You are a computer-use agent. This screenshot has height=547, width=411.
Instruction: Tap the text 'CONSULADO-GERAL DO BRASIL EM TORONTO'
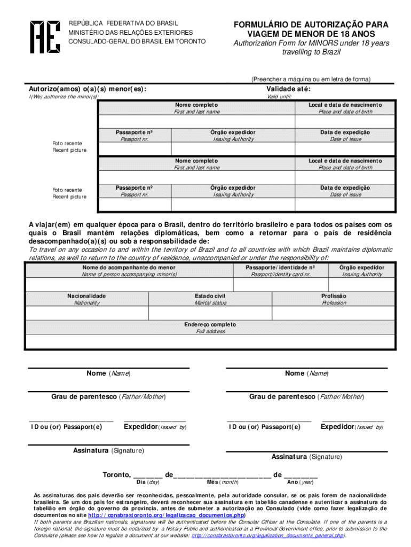[x=136, y=42]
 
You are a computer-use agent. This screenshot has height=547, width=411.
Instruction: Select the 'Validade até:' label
[x=288, y=89]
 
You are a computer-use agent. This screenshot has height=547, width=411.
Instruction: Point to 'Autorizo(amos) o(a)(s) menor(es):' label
[x=88, y=89]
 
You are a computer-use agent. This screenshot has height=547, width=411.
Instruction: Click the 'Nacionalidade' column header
[x=86, y=296]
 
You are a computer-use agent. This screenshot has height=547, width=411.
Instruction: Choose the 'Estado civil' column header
[x=210, y=296]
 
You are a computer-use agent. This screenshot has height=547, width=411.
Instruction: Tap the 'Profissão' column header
[x=334, y=296]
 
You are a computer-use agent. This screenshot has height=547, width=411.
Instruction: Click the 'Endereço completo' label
[x=210, y=324]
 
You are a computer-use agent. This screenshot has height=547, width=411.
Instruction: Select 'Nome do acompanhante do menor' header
[x=129, y=267]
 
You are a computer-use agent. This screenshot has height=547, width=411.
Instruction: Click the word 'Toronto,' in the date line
[x=116, y=474]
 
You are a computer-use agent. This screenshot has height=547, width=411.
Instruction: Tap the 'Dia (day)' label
[x=148, y=482]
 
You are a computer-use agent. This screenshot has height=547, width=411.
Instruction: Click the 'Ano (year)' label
[x=300, y=482]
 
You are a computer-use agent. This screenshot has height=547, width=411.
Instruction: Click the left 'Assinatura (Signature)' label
[x=108, y=450]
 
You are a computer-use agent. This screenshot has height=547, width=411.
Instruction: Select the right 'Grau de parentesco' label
[x=306, y=397]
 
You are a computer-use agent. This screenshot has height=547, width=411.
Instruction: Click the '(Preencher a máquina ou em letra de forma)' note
[x=310, y=79]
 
